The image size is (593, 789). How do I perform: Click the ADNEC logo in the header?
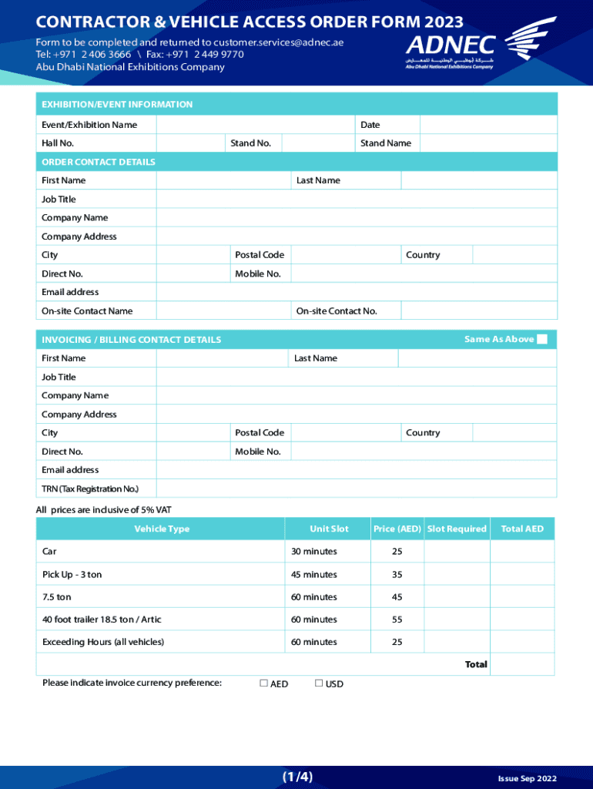coord(481,45)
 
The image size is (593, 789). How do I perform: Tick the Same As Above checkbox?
coord(542,340)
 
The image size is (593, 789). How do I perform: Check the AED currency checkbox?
coord(263,683)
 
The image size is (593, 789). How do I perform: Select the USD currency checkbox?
coord(318,683)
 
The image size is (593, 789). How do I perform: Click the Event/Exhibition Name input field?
coord(256,125)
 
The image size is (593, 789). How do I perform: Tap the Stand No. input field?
coord(318,143)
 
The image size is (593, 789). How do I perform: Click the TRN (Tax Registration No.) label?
coord(90,489)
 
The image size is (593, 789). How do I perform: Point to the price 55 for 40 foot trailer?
coord(397,619)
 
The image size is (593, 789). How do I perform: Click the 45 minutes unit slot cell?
coord(313,575)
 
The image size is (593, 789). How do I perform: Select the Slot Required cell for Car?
coord(457,552)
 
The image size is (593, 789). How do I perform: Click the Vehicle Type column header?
coord(162,529)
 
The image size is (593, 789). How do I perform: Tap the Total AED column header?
coord(522,529)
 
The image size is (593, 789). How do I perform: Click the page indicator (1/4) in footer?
coord(297,776)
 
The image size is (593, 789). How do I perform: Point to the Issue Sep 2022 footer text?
coord(527,779)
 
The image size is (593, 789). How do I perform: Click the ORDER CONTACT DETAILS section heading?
coord(99,162)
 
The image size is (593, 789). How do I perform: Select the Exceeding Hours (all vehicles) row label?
coord(103,642)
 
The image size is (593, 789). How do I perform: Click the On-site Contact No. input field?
coord(478,311)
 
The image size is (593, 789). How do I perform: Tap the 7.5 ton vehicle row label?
coord(57,597)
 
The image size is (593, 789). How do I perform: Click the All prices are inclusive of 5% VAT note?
coord(103,509)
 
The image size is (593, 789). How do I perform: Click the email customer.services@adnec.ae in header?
coord(279,42)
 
